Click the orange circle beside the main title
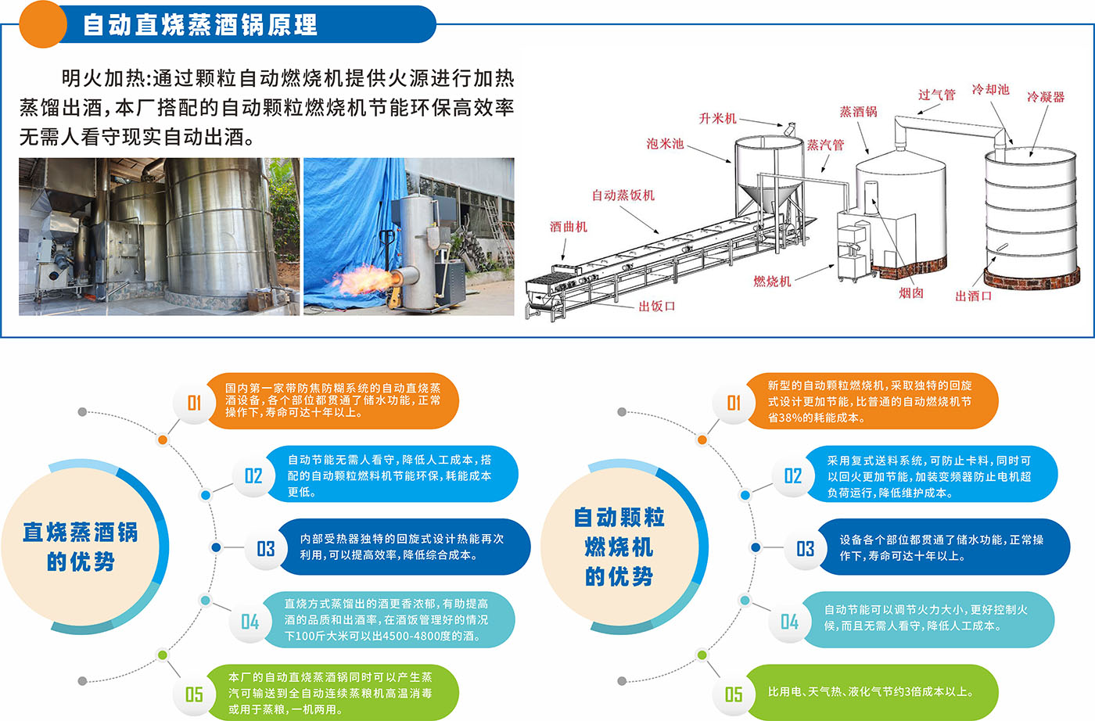(43, 24)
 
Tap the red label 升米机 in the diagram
(717, 118)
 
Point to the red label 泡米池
(665, 143)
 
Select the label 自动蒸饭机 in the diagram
(623, 195)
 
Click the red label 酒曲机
(568, 227)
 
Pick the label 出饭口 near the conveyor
(656, 307)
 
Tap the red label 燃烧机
(772, 281)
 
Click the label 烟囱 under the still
(911, 292)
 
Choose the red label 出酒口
(973, 296)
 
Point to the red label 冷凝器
(1046, 97)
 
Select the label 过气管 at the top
(937, 95)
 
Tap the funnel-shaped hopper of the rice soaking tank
(768, 200)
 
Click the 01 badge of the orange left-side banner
(194, 403)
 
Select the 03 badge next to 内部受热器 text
(265, 548)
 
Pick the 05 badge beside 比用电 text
(734, 694)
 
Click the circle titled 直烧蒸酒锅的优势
(81, 547)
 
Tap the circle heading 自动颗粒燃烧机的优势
(619, 547)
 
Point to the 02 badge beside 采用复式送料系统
(792, 475)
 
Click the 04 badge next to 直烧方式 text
(250, 621)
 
